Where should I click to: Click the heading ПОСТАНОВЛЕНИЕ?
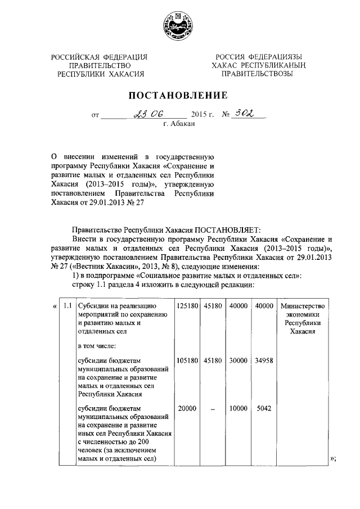point(179,95)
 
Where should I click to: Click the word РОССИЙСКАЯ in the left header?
point(75,57)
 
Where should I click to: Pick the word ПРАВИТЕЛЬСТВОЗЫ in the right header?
point(256,74)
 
